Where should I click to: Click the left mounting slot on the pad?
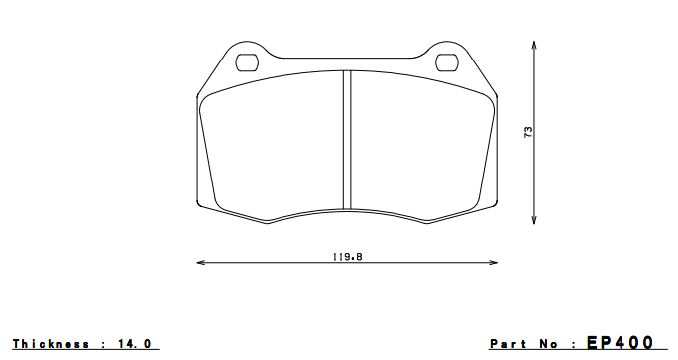pyautogui.click(x=247, y=62)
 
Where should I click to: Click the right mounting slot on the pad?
pyautogui.click(x=447, y=62)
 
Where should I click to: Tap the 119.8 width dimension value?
pyautogui.click(x=347, y=256)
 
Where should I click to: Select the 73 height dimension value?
pyautogui.click(x=528, y=131)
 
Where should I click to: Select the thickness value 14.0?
pyautogui.click(x=137, y=344)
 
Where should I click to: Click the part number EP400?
pyautogui.click(x=620, y=342)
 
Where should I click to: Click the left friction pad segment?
pyautogui.click(x=273, y=144)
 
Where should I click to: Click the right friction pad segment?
pyautogui.click(x=421, y=144)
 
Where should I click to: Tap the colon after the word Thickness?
pyautogui.click(x=104, y=344)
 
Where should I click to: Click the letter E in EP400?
pyautogui.click(x=595, y=342)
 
